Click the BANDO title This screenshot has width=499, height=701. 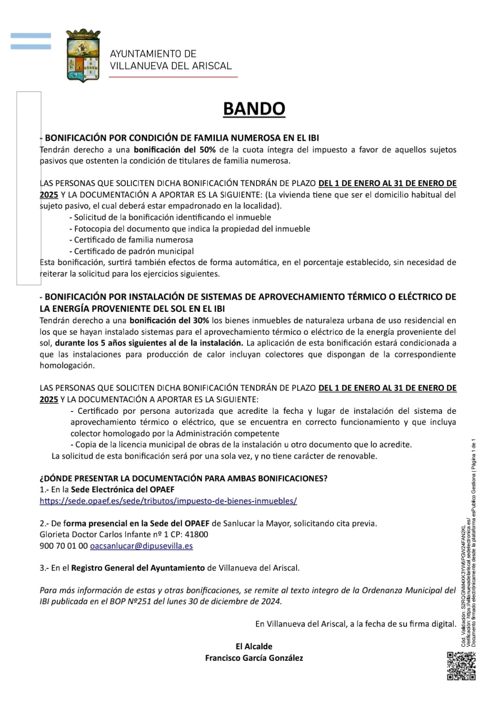tap(254, 109)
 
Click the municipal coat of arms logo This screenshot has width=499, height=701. tap(83, 55)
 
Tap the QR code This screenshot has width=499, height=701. tap(461, 665)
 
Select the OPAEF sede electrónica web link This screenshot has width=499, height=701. tap(168, 501)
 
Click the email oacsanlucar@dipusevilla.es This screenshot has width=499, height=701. tap(141, 546)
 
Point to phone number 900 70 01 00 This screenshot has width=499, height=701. tap(64, 546)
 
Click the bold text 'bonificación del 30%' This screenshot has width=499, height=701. tap(169, 320)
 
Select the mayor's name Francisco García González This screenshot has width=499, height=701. tap(254, 658)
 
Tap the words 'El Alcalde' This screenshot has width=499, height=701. tap(254, 647)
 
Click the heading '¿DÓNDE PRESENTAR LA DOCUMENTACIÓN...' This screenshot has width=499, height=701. tap(183, 478)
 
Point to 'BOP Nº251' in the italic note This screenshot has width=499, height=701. tap(131, 602)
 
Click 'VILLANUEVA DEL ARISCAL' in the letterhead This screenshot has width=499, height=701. tap(170, 66)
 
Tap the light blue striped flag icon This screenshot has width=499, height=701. tap(31, 41)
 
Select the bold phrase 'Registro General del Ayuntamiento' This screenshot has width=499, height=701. tap(138, 568)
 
